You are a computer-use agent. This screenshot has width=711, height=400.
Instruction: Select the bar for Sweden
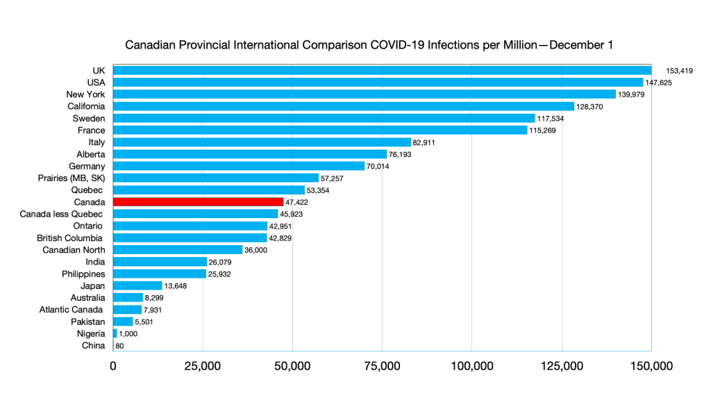324,118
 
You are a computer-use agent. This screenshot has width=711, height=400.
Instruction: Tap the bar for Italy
262,142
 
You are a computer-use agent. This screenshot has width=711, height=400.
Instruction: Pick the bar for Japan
137,285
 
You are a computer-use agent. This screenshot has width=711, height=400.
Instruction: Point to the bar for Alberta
249,154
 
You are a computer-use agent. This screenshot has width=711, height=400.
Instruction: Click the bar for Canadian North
178,250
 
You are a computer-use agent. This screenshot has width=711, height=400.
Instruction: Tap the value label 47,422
296,202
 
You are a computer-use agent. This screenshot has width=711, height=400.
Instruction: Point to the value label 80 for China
119,346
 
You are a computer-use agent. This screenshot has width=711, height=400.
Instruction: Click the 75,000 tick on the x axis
381,366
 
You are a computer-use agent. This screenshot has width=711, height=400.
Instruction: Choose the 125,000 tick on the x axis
561,366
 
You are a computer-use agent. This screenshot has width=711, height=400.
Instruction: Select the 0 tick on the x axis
113,366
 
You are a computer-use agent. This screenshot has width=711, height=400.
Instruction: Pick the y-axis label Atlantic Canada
71,310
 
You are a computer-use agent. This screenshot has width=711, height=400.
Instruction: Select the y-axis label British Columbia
69,238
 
